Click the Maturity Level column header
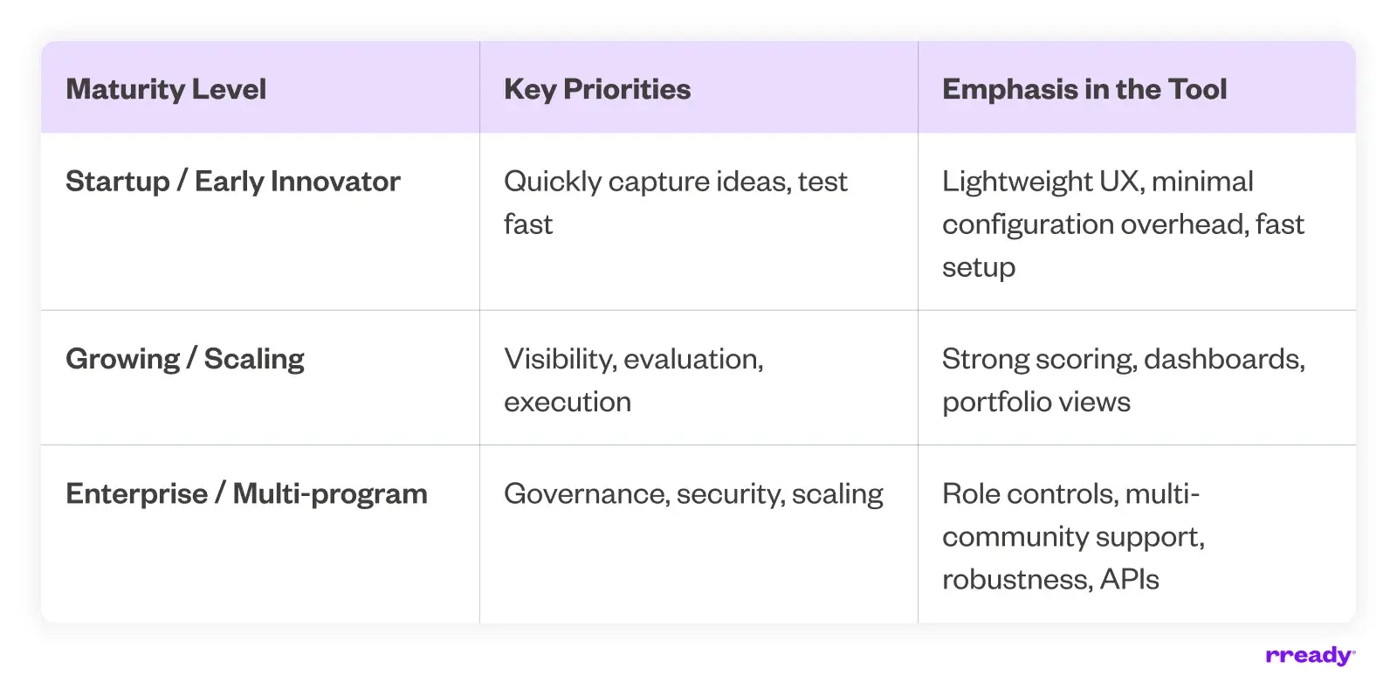coord(166,89)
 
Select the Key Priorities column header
coord(597,89)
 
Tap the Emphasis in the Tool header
coord(1084,89)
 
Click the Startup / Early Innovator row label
coord(232,182)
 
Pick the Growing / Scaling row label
coord(184,359)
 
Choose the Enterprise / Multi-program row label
coord(246,494)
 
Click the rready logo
coord(1311,656)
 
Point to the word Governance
coord(588,494)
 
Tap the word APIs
coord(1130,579)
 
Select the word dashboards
coord(1224,359)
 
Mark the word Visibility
coord(560,359)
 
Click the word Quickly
coord(552,182)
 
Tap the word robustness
coord(1018,579)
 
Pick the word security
coord(731,494)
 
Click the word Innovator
coord(335,182)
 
